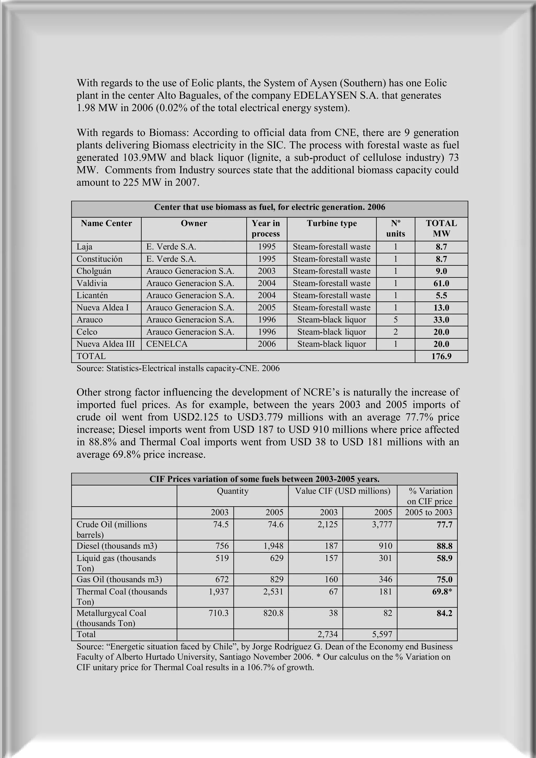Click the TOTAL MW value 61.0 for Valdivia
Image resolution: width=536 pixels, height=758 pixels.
[441, 283]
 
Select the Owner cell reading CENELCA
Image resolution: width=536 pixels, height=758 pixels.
[167, 344]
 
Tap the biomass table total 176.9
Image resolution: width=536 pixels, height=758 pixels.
[441, 356]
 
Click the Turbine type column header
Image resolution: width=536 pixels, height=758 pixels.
[332, 224]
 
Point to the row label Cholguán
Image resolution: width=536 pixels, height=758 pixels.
[94, 271]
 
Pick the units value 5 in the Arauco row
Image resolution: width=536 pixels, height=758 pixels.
[395, 320]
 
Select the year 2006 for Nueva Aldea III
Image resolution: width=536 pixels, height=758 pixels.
[267, 344]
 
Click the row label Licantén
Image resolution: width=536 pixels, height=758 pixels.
[92, 295]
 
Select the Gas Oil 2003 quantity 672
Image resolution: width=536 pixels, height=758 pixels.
[222, 579]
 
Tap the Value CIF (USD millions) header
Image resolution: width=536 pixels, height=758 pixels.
[343, 491]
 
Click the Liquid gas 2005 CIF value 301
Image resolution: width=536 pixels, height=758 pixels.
[385, 558]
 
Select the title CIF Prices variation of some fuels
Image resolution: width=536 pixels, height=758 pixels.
[264, 479]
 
